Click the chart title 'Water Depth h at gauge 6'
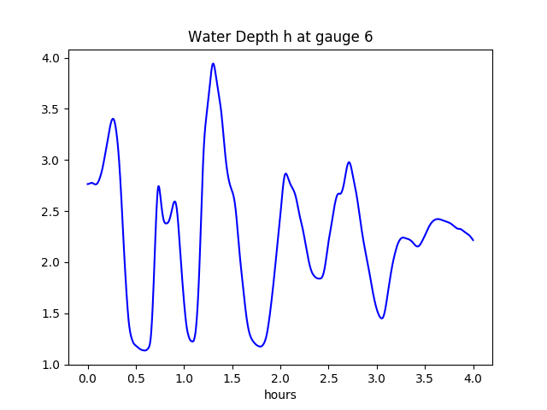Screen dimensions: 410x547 pyautogui.click(x=280, y=37)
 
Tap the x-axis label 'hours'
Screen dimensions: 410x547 pyautogui.click(x=280, y=395)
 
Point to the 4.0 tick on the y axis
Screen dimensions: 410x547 pyautogui.click(x=52, y=58)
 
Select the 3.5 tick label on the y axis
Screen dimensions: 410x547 pyautogui.click(x=52, y=109)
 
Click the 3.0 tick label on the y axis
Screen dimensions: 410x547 pyautogui.click(x=52, y=161)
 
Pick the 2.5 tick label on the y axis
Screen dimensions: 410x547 pyautogui.click(x=52, y=211)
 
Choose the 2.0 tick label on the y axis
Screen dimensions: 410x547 pyautogui.click(x=52, y=262)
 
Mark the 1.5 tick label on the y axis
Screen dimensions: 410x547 pyautogui.click(x=52, y=313)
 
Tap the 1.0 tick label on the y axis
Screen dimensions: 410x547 pyautogui.click(x=52, y=365)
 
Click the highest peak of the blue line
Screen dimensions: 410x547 pyautogui.click(x=213, y=63)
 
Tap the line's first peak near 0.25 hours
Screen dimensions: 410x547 pyautogui.click(x=112, y=119)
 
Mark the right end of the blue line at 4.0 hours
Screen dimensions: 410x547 pyautogui.click(x=473, y=240)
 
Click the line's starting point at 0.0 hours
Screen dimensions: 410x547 pyautogui.click(x=88, y=184)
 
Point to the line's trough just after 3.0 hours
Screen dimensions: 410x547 pyautogui.click(x=381, y=319)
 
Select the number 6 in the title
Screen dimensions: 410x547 pyautogui.click(x=368, y=37)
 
